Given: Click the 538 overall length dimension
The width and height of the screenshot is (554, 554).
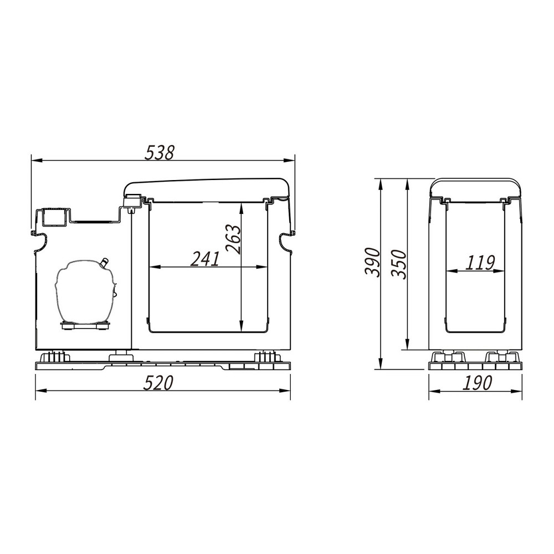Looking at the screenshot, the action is tap(160, 153).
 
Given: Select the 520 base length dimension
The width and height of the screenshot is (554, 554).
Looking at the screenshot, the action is tap(158, 383).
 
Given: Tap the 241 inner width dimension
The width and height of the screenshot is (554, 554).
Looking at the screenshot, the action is tap(206, 259).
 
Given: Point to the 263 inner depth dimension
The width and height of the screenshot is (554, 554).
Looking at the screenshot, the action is tap(234, 239).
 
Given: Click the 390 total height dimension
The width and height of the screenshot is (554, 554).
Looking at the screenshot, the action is tap(372, 263).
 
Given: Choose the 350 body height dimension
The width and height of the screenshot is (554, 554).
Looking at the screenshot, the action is tap(399, 264).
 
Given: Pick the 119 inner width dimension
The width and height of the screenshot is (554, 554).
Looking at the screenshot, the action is tap(479, 263).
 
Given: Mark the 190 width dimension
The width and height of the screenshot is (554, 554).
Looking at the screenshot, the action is tap(477, 383).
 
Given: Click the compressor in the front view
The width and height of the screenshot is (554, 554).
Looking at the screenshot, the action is tap(85, 291).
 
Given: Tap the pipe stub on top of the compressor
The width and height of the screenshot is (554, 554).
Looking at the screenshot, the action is tap(104, 262).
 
